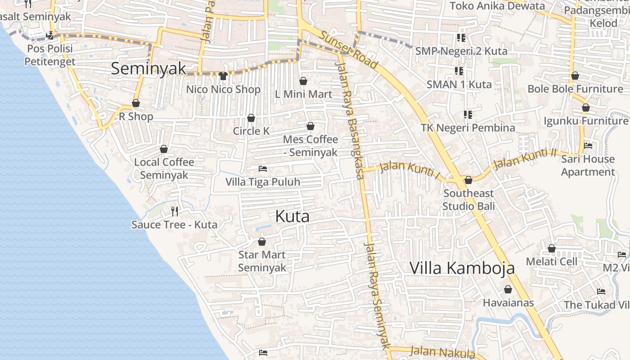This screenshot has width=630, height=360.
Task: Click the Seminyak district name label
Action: tap(148, 68)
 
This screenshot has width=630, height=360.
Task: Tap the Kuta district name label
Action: tap(292, 216)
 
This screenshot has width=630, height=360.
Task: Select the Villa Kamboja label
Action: tap(462, 268)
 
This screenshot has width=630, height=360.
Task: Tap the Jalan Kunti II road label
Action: tap(525, 159)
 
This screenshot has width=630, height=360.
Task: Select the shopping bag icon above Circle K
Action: tap(251, 118)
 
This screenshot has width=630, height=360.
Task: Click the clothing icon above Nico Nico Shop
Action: tap(223, 76)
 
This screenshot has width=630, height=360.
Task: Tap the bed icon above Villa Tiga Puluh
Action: tap(263, 169)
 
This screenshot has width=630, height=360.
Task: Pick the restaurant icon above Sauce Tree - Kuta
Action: tap(175, 211)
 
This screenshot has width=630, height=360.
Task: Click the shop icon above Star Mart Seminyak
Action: tap(261, 242)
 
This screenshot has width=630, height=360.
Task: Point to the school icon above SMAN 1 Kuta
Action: tap(459, 71)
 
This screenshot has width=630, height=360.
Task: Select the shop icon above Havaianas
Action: tap(508, 289)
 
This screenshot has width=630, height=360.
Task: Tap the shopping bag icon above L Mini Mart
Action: tap(303, 81)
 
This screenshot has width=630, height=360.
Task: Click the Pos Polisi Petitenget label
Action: tap(49, 55)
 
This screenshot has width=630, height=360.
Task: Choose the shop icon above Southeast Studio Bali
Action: tap(468, 180)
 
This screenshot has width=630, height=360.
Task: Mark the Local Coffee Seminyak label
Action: tap(164, 168)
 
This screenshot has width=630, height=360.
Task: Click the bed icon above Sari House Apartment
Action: tap(588, 146)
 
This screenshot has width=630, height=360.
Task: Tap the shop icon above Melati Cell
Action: tap(551, 248)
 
